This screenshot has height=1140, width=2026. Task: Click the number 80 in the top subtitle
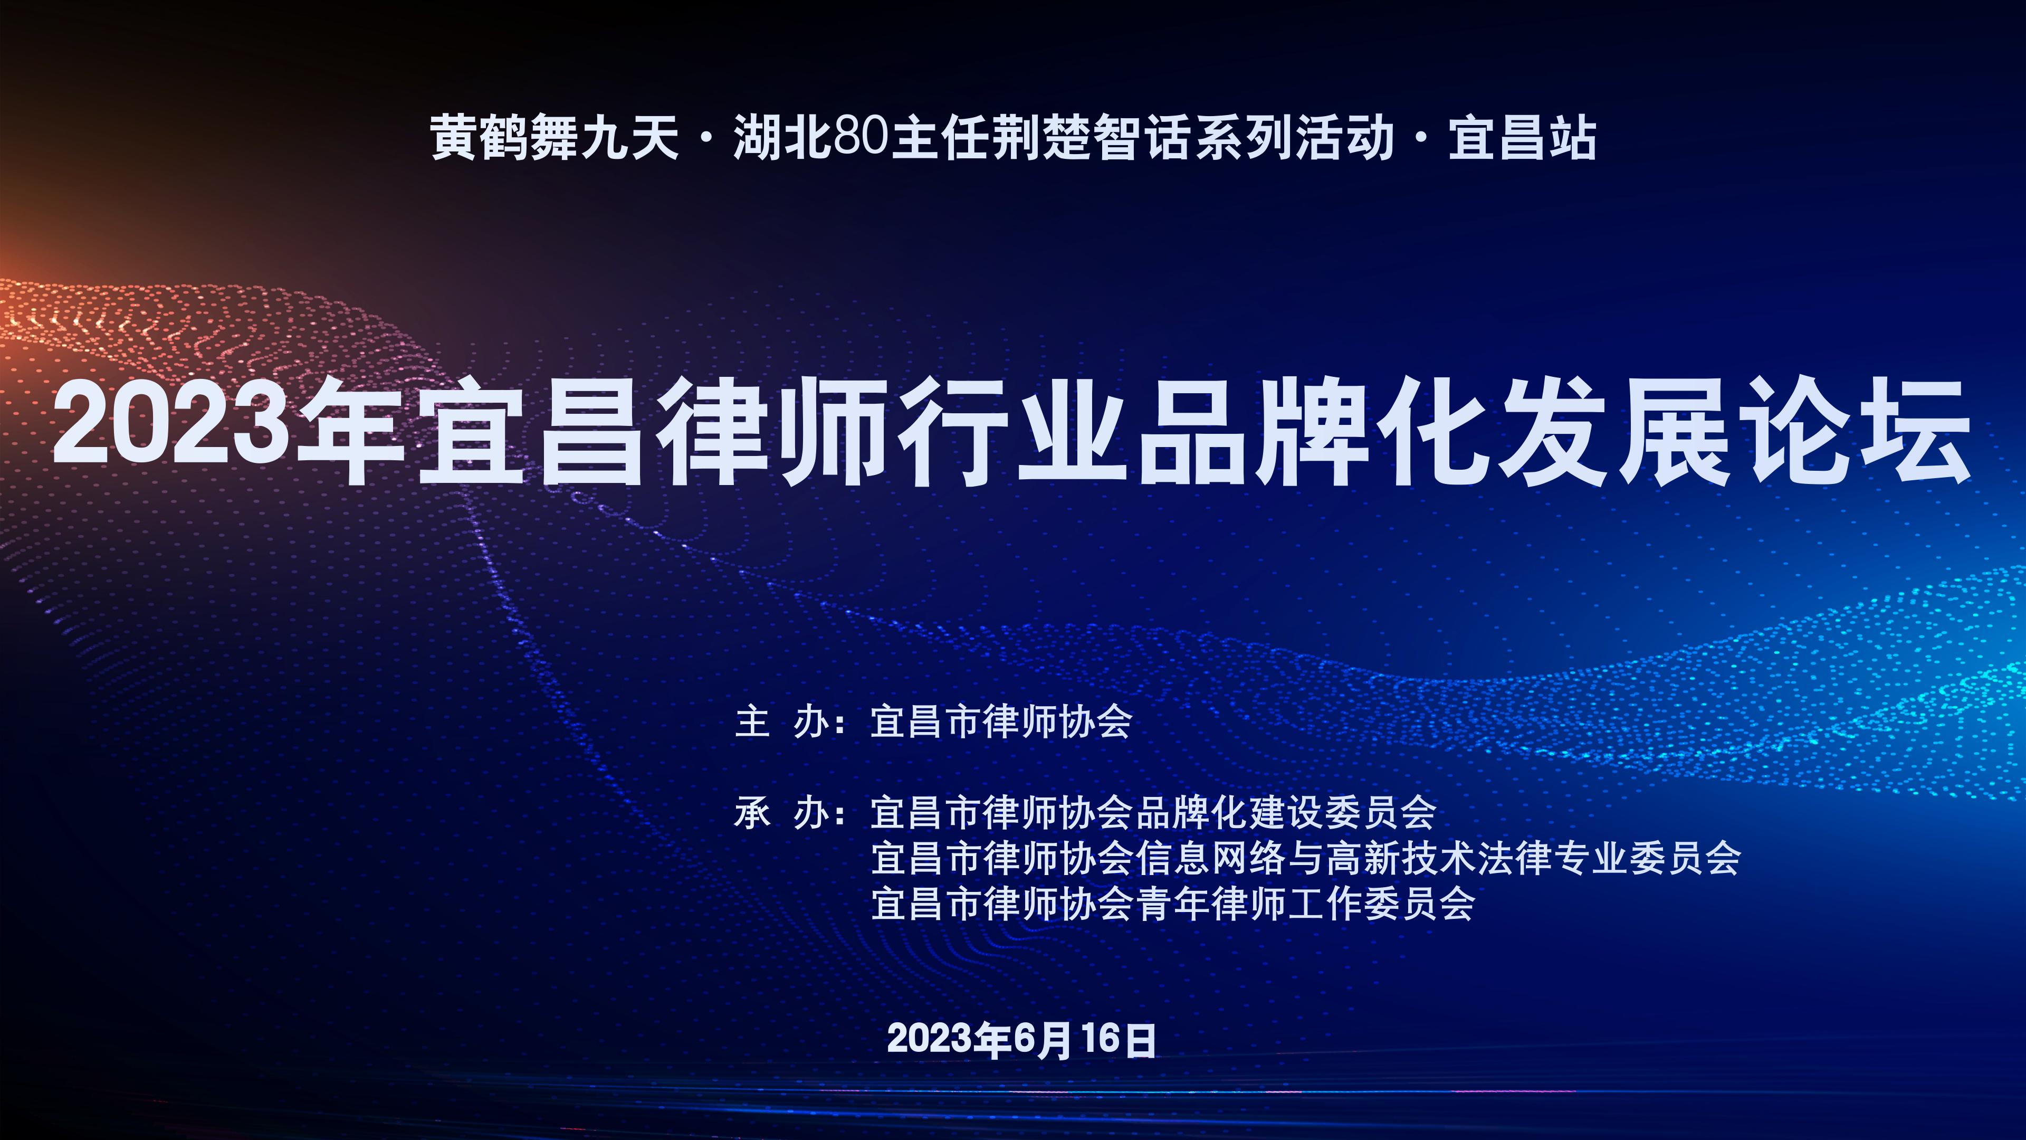click(861, 138)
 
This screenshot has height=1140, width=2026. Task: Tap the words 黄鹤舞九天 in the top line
click(555, 138)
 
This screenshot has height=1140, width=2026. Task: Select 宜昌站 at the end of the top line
click(1522, 138)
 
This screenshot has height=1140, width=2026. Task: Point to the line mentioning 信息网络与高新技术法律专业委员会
click(1306, 858)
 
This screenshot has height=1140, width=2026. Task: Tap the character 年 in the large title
click(351, 431)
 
